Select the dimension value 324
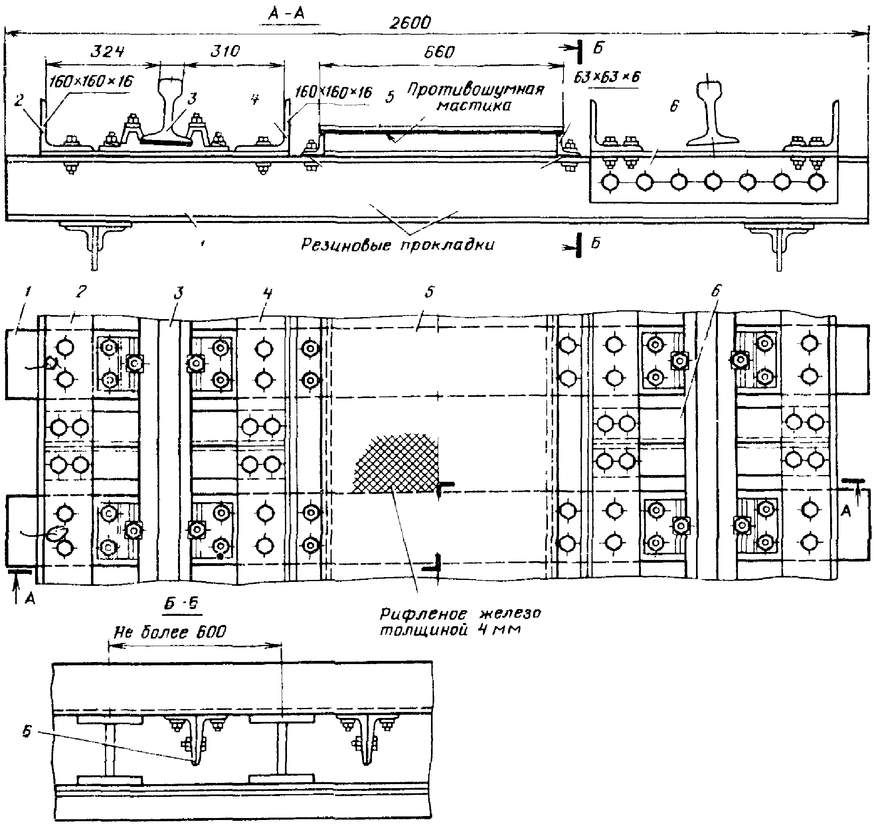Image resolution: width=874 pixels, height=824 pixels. tap(108, 52)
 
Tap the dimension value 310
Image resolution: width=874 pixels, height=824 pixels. tap(225, 51)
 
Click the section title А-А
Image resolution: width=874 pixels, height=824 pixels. tap(287, 14)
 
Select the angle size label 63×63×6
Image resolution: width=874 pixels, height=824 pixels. tap(607, 77)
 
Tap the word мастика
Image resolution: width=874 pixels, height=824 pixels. tap(474, 105)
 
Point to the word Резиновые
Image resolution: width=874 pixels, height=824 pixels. tap(346, 244)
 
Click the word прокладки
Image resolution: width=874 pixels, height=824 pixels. tap(447, 245)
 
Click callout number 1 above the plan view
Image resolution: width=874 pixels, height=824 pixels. tap(27, 293)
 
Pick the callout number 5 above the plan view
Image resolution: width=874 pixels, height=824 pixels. tap(430, 292)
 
